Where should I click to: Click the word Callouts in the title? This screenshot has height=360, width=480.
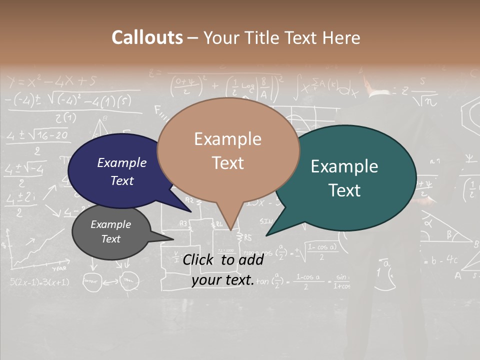point(147,37)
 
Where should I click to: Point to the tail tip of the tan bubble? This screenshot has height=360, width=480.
point(230,228)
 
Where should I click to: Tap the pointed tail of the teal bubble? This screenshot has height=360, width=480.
point(268,234)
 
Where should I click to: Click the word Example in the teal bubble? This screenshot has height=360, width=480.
point(344,166)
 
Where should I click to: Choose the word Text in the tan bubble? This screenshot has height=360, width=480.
point(228,162)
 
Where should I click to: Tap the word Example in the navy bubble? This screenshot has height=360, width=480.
point(122,162)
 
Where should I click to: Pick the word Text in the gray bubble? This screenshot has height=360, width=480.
point(111,239)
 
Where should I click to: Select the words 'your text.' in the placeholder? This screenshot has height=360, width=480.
point(223,280)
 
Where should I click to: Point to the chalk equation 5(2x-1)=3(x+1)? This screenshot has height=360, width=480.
point(39,282)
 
